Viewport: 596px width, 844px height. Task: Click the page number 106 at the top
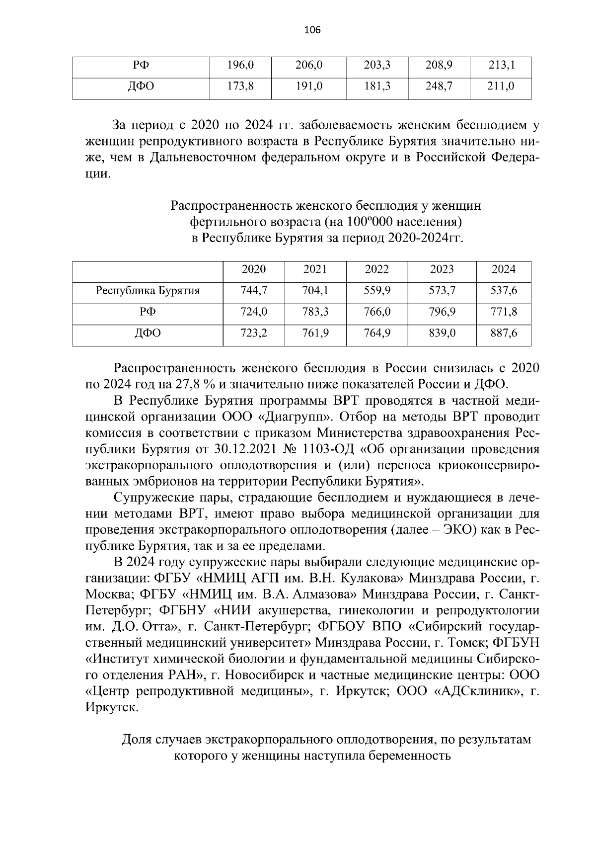(x=312, y=30)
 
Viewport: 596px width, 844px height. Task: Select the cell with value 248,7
(x=439, y=86)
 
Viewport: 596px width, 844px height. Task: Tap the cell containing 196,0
(x=240, y=65)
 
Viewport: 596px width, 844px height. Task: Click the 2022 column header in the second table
(x=377, y=269)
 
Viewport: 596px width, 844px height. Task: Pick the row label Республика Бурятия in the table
(x=148, y=291)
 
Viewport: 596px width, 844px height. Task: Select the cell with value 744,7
(x=253, y=291)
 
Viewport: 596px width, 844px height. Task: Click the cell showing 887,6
(x=504, y=333)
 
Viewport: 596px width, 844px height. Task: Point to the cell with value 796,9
(x=442, y=312)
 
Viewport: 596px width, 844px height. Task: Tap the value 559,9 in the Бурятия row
(x=377, y=291)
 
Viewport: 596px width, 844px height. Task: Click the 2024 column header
(x=504, y=269)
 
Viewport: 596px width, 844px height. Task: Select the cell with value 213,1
(x=500, y=65)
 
